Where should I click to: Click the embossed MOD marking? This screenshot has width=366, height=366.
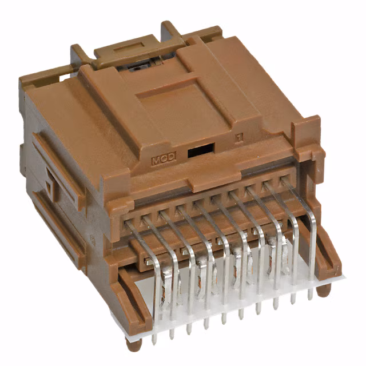(x=163, y=160)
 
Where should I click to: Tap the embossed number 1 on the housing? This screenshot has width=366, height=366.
(x=238, y=138)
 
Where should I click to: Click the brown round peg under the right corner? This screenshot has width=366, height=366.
(x=324, y=290)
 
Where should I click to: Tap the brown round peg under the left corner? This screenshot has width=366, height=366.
(x=133, y=344)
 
